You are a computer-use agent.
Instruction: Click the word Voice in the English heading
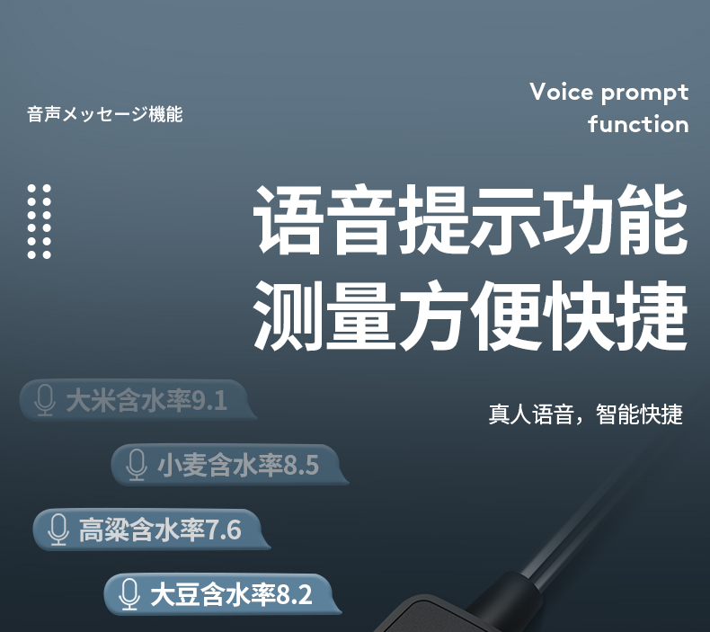point(561,92)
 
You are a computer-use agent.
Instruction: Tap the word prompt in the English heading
point(645,93)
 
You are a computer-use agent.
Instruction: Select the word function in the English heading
point(638,124)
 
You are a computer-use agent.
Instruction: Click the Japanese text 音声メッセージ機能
point(104,114)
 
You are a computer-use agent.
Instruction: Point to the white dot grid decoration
point(39,221)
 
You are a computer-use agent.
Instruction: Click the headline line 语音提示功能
point(470,219)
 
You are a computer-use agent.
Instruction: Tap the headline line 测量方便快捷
point(470,315)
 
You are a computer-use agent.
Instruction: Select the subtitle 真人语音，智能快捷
point(585,414)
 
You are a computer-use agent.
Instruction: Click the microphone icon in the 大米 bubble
point(45,400)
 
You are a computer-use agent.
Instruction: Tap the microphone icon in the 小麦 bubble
point(137,465)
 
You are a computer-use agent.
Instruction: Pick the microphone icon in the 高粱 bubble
point(58,530)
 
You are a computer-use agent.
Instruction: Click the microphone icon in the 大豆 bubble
point(129,594)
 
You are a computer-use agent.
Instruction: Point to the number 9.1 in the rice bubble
point(209,401)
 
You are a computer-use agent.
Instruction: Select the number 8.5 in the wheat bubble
point(301,466)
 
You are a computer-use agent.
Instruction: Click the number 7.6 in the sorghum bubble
point(224,530)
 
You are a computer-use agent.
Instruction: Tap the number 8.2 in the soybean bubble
point(294,595)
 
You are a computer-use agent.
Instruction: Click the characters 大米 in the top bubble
point(91,401)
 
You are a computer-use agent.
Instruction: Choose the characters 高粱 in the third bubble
point(103,530)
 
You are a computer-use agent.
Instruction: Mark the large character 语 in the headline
point(288,219)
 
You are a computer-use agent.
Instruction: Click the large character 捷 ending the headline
point(653,315)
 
